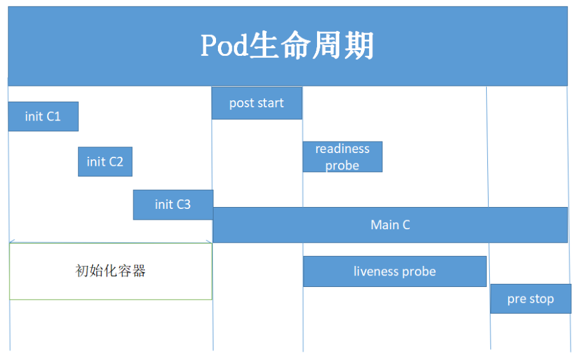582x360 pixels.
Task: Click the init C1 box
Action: click(43, 116)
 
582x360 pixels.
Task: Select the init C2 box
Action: click(105, 162)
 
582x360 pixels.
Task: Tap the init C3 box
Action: click(173, 204)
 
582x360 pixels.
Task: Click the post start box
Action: click(257, 103)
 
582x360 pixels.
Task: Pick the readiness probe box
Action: click(342, 157)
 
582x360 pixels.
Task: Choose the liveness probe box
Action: click(395, 272)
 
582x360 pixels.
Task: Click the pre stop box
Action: click(530, 299)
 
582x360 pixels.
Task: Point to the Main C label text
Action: click(390, 225)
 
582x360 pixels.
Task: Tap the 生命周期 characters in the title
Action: click(311, 46)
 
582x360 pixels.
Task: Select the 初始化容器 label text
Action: click(111, 271)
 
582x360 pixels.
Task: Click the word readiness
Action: click(342, 149)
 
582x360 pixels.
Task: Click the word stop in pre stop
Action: click(541, 299)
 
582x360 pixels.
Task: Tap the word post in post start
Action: click(241, 103)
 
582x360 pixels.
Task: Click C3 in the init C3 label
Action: click(183, 204)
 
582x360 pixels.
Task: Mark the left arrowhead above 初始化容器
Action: click(12, 242)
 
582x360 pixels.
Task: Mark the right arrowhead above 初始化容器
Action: click(209, 242)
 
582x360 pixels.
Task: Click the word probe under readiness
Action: click(342, 166)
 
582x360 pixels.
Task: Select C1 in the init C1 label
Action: click(53, 116)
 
